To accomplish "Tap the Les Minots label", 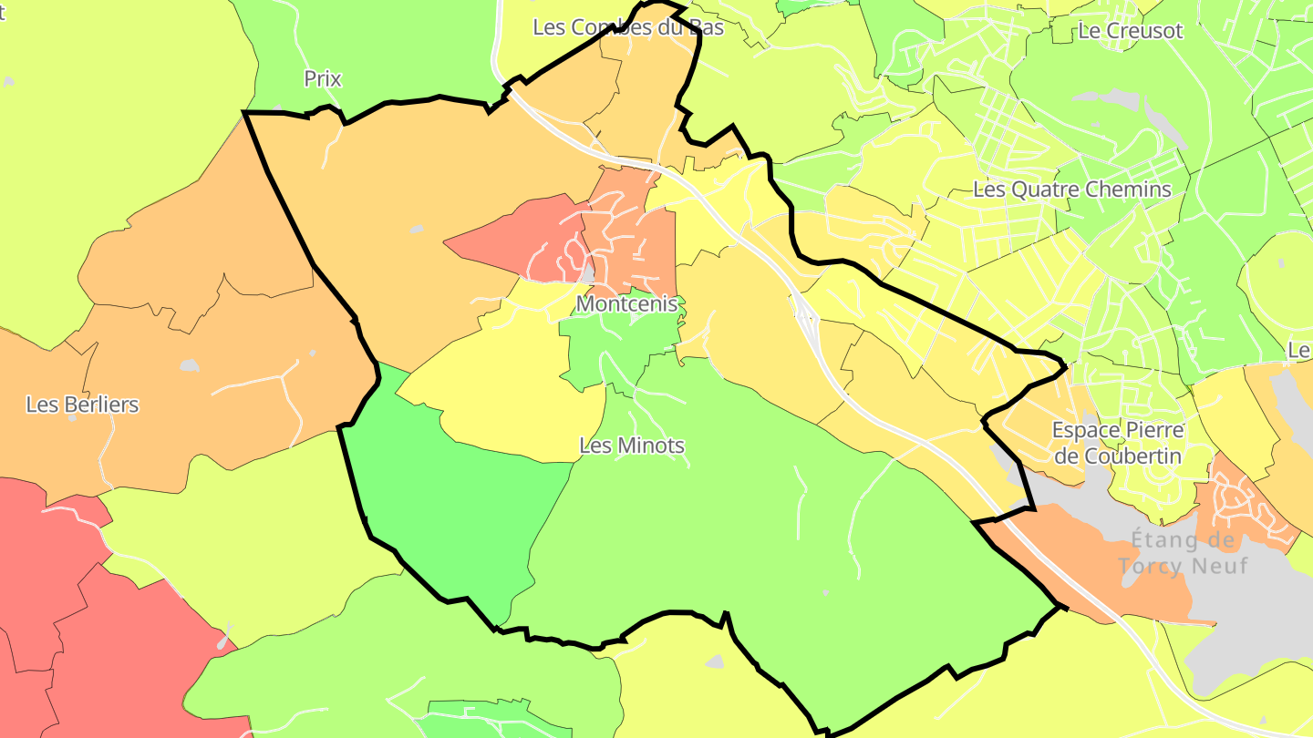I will click(x=632, y=446).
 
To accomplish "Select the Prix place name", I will click(x=323, y=79).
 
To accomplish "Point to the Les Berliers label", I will click(x=82, y=404).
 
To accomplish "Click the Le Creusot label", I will click(x=1130, y=30).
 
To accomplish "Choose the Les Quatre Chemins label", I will click(x=1072, y=190).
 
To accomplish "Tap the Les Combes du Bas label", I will click(x=628, y=27).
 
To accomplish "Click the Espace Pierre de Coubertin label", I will click(x=1118, y=442).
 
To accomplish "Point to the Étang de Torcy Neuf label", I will click(x=1182, y=553).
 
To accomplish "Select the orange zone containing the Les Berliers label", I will click(x=228, y=383).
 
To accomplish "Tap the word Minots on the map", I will click(x=651, y=446).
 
